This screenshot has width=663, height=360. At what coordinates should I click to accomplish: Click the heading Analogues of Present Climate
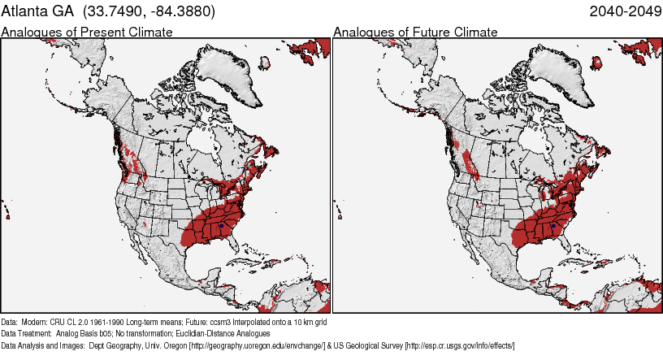coord(87,33)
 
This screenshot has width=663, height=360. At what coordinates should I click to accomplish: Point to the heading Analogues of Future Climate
coord(415,33)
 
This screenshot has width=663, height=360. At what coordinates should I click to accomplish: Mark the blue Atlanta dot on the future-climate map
coord(552,225)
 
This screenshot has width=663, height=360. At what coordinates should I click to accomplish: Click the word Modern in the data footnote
coord(35,322)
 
